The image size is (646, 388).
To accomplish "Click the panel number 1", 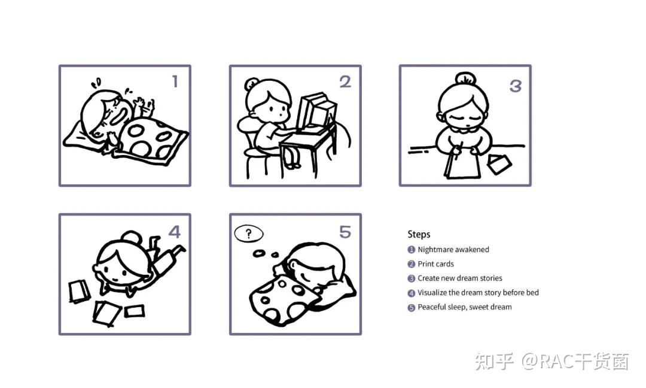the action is [x=175, y=81].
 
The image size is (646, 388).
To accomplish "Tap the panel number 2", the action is [x=345, y=81].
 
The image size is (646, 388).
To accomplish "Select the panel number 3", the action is [x=516, y=86].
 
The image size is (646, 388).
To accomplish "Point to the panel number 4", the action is [x=175, y=232].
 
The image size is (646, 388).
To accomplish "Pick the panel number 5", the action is [x=345, y=232].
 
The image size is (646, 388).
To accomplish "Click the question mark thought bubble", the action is [x=248, y=234].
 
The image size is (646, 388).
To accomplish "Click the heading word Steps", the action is [x=419, y=234].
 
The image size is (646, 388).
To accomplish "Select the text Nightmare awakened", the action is [x=453, y=250].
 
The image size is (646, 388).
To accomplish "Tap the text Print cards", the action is [x=435, y=264].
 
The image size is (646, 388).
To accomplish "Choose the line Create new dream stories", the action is [x=460, y=278].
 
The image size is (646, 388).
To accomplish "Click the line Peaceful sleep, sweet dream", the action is [x=465, y=307].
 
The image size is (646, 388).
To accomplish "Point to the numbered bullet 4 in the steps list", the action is [x=411, y=293].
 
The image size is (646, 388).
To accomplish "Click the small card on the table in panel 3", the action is [x=499, y=163].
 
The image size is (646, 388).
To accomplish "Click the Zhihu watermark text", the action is [x=551, y=361].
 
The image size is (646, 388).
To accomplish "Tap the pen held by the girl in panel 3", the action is [x=458, y=151].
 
